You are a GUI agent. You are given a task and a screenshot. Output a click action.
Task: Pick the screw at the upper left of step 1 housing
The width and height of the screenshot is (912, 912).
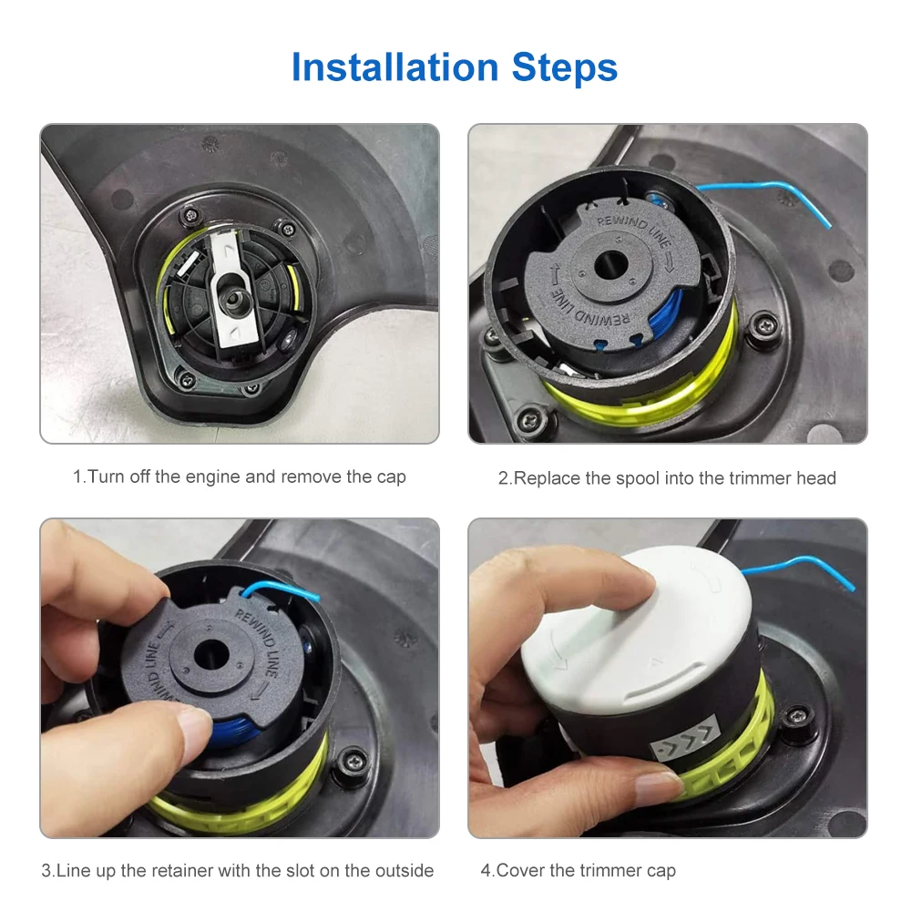(190, 216)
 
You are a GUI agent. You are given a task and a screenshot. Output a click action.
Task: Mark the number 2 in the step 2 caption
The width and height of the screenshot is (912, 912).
(503, 478)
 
